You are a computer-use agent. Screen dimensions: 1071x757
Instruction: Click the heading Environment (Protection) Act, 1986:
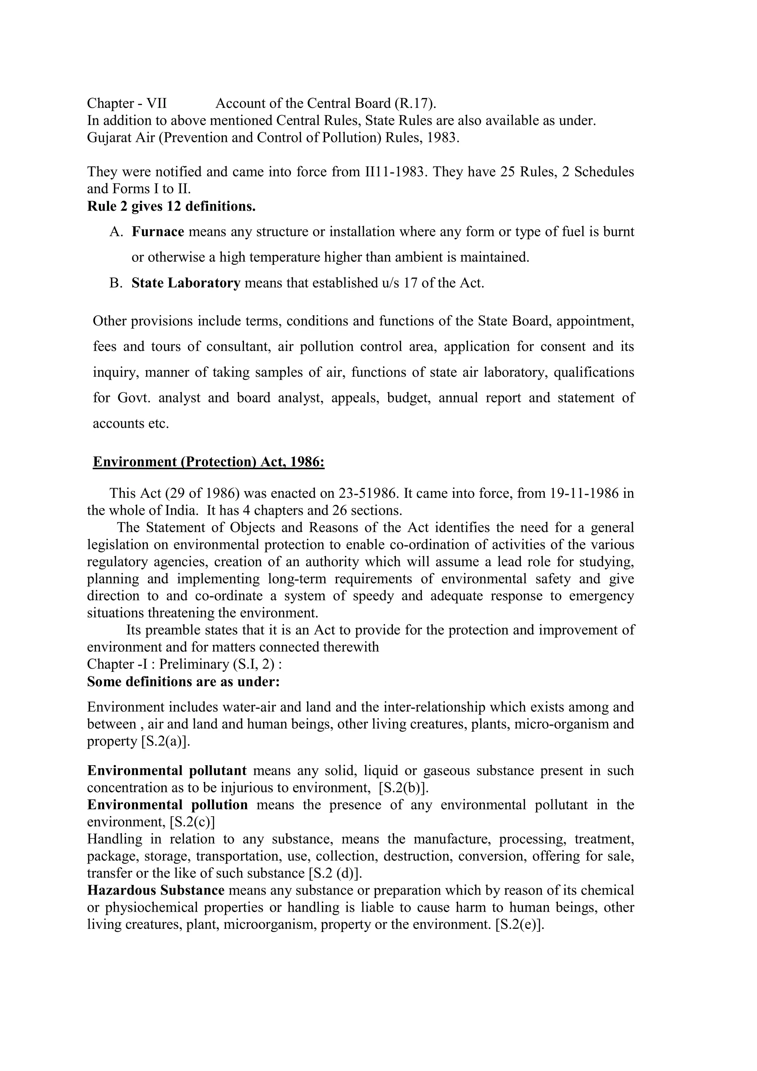(x=208, y=462)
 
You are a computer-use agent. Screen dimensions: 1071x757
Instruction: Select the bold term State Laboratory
(x=186, y=283)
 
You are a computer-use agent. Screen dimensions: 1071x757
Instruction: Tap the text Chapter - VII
(x=127, y=103)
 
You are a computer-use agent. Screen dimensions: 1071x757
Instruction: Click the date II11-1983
(x=396, y=172)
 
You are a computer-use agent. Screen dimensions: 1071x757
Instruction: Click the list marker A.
(x=116, y=232)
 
